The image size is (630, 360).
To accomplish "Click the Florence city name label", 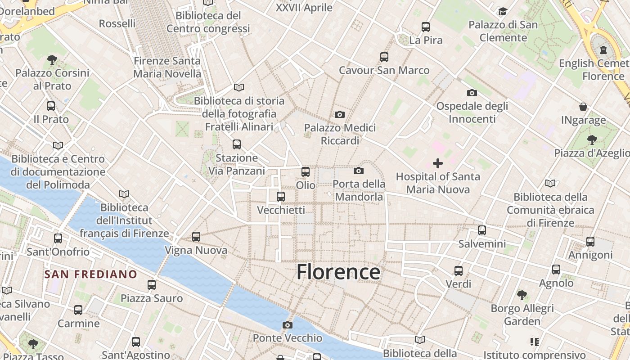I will click(338, 272).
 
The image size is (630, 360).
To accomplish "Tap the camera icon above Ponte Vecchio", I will click(288, 325).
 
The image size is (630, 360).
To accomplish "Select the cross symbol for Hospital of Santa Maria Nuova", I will click(437, 163).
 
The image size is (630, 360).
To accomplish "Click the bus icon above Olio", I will click(306, 171).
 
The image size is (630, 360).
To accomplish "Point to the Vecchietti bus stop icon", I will click(281, 196).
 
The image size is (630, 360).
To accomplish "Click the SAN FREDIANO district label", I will click(90, 274).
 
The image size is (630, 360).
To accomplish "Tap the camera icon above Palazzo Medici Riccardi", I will click(340, 114).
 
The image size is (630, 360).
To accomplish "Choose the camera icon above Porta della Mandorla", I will click(359, 171).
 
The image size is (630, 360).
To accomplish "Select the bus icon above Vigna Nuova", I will click(196, 236).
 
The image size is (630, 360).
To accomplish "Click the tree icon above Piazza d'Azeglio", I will click(592, 140).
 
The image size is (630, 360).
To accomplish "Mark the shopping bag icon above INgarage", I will click(583, 107).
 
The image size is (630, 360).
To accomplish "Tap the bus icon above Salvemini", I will click(482, 230).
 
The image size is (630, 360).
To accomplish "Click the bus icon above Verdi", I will click(459, 270).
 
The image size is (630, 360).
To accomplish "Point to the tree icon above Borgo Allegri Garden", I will click(522, 295).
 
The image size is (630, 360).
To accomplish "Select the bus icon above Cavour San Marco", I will click(384, 57).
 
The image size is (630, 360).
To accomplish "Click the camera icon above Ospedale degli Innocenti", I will click(472, 93).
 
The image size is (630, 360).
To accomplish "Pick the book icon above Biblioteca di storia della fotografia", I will click(239, 87).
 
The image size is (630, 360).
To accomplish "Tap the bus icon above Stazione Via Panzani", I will click(237, 144).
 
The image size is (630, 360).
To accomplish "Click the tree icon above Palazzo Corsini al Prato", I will click(52, 59).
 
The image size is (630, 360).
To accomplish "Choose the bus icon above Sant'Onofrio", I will click(58, 238).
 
